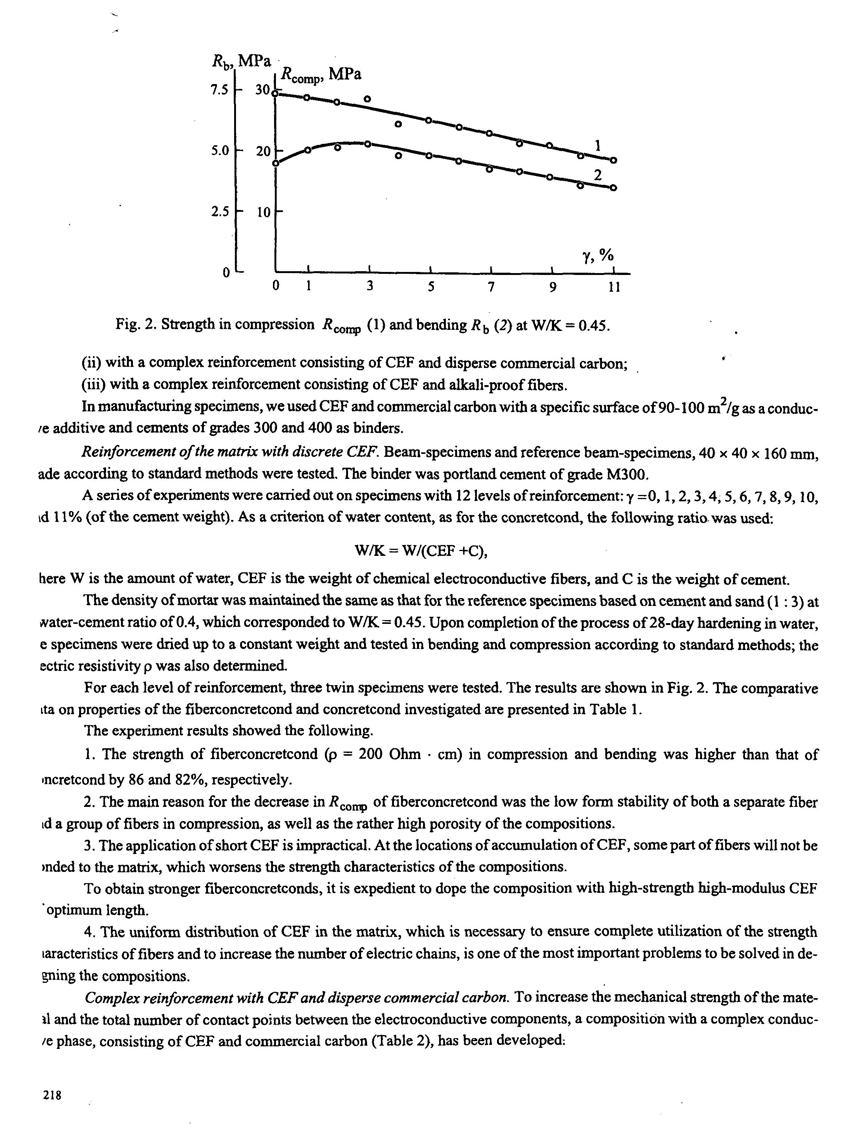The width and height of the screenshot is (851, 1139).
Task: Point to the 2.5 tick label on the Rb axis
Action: click(x=219, y=212)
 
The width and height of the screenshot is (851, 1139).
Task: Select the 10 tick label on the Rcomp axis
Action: click(x=263, y=212)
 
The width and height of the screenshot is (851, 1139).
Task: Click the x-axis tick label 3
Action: click(x=370, y=286)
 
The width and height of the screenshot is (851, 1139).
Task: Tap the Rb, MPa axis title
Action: click(x=242, y=62)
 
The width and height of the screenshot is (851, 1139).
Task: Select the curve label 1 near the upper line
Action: click(x=598, y=146)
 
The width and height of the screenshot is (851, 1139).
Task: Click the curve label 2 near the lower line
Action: click(x=597, y=176)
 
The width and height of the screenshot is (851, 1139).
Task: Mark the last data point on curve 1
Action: click(x=613, y=160)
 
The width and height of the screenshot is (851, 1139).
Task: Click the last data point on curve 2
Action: click(x=613, y=188)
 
